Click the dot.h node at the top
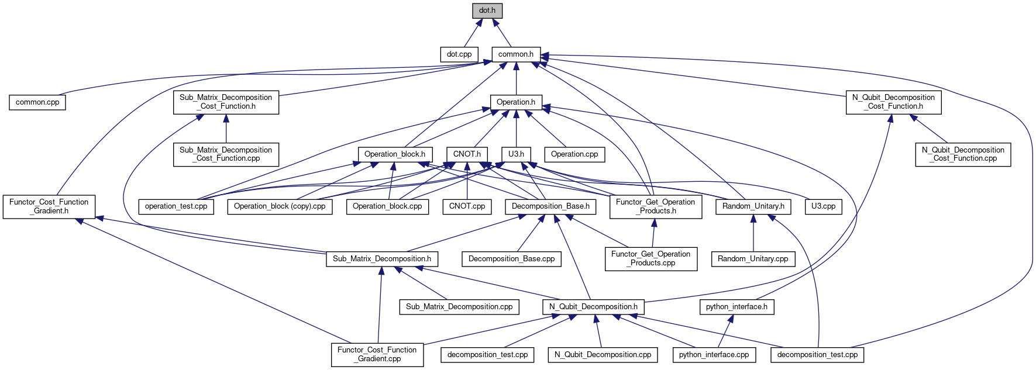pyautogui.click(x=487, y=11)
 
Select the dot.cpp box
pyautogui.click(x=459, y=54)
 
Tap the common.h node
pyautogui.click(x=516, y=54)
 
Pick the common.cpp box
pyautogui.click(x=37, y=102)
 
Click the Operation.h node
pyautogui.click(x=516, y=102)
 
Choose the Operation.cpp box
pyautogui.click(x=574, y=154)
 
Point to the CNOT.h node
pyautogui.click(x=467, y=154)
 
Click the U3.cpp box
pyautogui.click(x=823, y=206)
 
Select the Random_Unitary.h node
pyautogui.click(x=753, y=206)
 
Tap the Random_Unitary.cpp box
pyautogui.click(x=753, y=259)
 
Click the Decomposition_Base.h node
pyautogui.click(x=550, y=206)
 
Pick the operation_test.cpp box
pyautogui.click(x=176, y=206)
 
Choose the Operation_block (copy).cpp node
pyautogui.click(x=280, y=206)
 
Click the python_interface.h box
pyautogui.click(x=736, y=307)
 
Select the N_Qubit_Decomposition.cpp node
pyautogui.click(x=603, y=355)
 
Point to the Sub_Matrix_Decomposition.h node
pyautogui.click(x=382, y=259)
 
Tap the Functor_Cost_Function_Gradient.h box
pyautogui.click(x=49, y=206)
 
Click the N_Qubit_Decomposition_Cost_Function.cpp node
pyautogui.click(x=963, y=154)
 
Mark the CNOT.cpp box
pyautogui.click(x=467, y=206)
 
